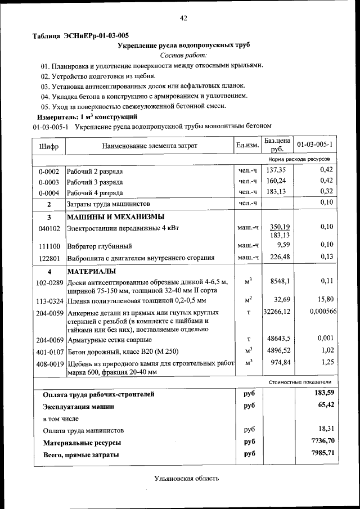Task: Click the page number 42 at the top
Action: [183, 18]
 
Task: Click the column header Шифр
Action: [48, 146]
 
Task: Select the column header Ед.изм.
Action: [246, 146]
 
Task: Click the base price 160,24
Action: [276, 181]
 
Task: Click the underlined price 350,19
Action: [279, 226]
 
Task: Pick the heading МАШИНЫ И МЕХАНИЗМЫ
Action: [116, 217]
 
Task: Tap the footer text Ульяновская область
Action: [186, 479]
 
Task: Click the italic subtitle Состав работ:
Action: [183, 55]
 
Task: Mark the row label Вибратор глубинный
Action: [99, 246]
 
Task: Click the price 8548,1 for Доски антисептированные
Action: [280, 281]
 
